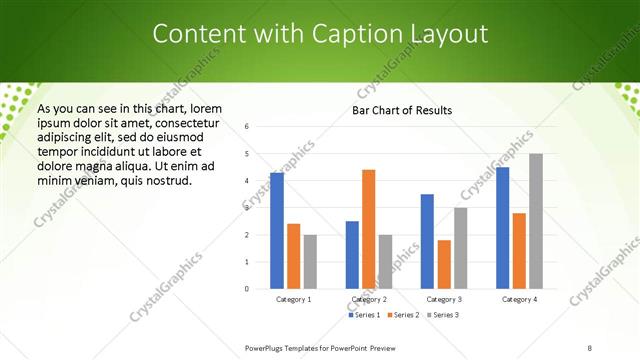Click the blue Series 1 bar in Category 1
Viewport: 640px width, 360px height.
277,231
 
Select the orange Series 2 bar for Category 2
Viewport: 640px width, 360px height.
368,229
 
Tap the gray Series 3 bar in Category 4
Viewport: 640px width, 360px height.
536,221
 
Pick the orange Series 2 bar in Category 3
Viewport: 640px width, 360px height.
444,264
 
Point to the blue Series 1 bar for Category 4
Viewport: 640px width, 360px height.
502,228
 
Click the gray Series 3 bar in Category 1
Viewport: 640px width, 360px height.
310,262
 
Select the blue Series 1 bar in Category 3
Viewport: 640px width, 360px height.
427,241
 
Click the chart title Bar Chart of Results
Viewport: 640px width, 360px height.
402,110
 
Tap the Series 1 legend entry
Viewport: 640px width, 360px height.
363,315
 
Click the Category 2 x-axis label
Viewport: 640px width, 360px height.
369,299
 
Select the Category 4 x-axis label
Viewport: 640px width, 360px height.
519,299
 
